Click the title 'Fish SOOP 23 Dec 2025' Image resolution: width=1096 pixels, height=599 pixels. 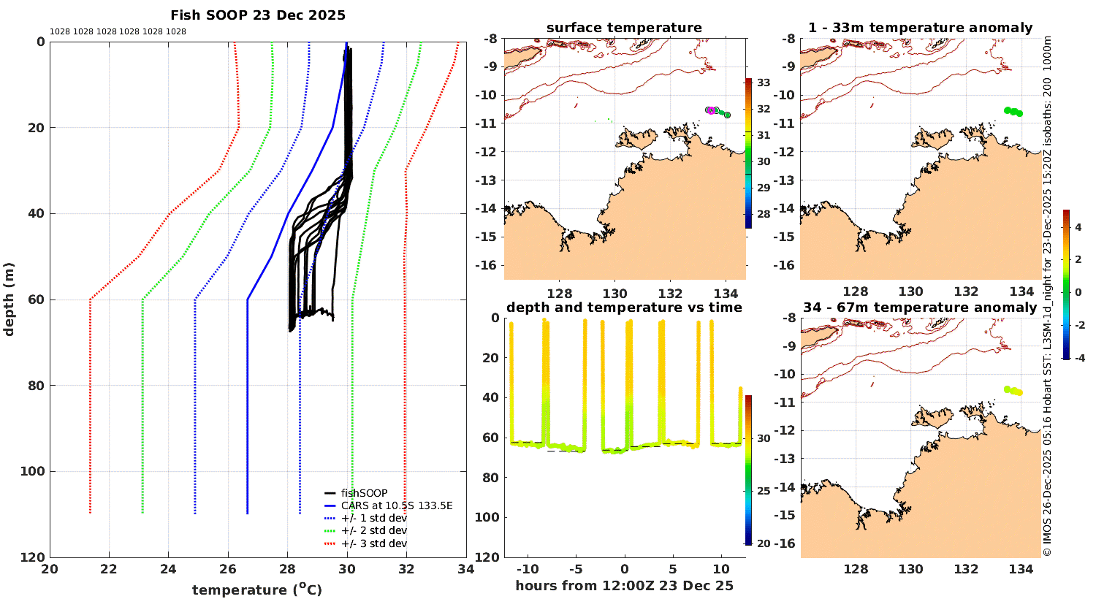pos(258,15)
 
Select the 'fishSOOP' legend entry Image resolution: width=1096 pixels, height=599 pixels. pos(364,493)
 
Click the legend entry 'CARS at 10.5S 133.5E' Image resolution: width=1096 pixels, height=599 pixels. pos(397,505)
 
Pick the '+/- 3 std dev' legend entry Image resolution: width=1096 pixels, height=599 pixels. pos(373,543)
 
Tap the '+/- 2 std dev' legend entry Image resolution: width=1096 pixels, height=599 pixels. pos(373,530)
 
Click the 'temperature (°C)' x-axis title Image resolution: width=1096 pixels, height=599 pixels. pos(257,590)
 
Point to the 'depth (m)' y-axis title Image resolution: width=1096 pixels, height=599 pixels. pos(9,299)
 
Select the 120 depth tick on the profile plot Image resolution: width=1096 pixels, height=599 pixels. pos(32,557)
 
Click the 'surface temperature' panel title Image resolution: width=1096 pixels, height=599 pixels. pos(624,28)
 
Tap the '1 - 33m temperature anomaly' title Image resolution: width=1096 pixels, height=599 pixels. pos(920,28)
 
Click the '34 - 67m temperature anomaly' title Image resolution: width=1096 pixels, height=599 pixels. pos(920,308)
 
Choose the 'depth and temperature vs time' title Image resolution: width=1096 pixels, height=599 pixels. pos(624,308)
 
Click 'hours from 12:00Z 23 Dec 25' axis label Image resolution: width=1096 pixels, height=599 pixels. pos(624,586)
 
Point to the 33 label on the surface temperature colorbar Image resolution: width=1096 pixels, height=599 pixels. pos(764,83)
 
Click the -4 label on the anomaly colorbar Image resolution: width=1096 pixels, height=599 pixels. pos(1077,358)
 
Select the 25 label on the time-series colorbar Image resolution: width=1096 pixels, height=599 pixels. pos(764,491)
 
